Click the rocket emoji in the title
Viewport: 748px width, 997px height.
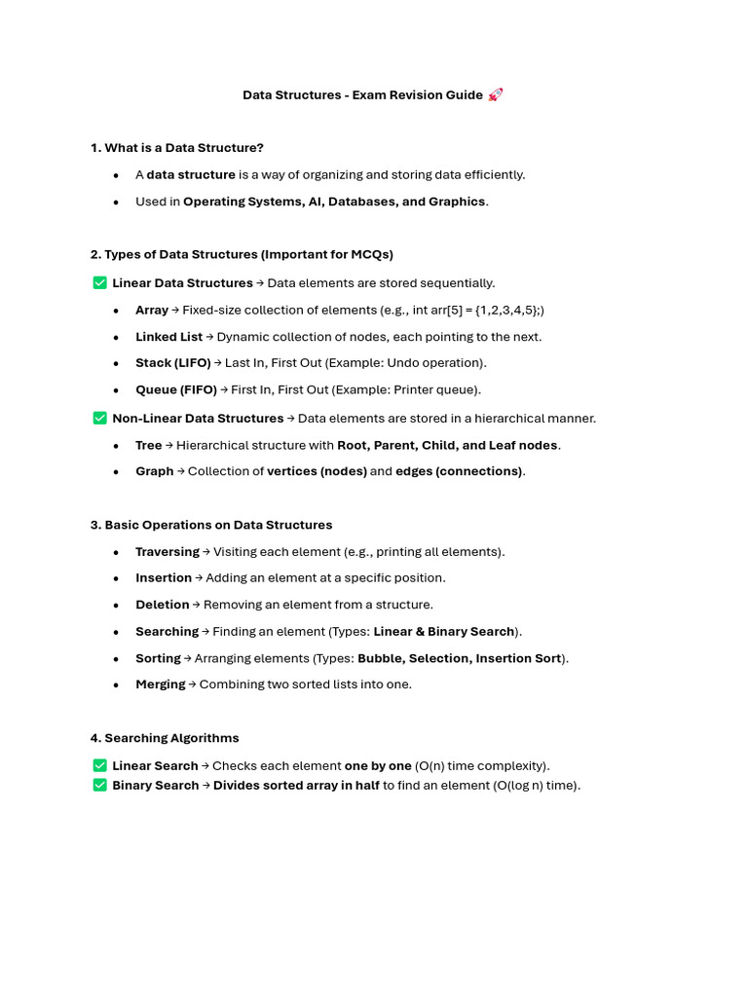coord(496,94)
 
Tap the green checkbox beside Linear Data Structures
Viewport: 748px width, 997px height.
coord(99,282)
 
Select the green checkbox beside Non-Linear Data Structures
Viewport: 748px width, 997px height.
coord(99,418)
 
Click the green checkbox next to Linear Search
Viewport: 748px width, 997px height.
coord(99,765)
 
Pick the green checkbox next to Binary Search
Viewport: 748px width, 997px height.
coord(99,785)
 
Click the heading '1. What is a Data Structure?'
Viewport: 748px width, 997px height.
coord(177,148)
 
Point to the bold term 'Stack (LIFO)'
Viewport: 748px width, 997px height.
coord(173,363)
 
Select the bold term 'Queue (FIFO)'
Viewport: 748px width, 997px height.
coord(176,389)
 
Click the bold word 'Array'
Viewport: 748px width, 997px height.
coord(152,310)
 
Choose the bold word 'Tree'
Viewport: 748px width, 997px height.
coord(149,445)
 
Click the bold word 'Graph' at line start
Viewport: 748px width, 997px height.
coord(154,471)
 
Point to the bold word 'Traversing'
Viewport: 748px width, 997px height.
coord(168,551)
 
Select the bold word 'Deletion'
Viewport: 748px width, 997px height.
coord(163,605)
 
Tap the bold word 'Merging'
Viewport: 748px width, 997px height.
coord(161,684)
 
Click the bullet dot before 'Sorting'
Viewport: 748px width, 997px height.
coord(116,658)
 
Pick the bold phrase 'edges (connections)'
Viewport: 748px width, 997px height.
coord(459,471)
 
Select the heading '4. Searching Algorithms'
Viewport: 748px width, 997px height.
coord(165,738)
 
